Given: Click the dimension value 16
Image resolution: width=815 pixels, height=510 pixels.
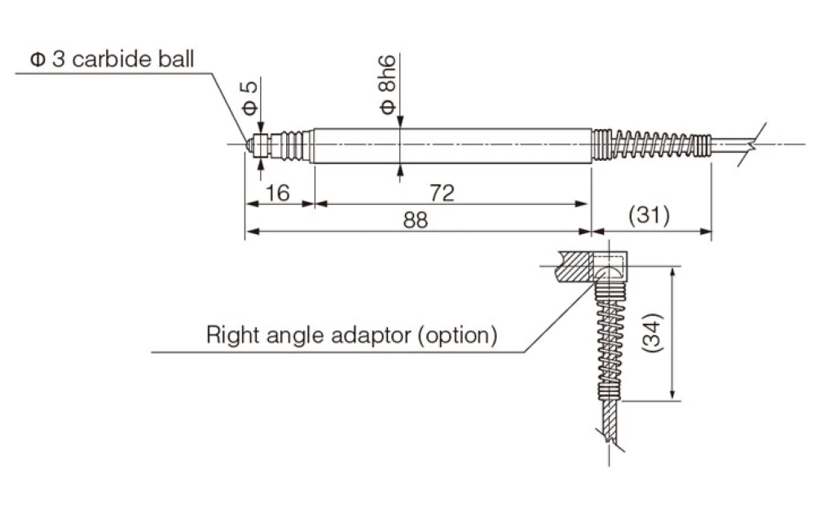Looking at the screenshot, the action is click(277, 193).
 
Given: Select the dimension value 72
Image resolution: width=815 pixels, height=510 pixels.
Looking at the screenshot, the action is click(442, 193).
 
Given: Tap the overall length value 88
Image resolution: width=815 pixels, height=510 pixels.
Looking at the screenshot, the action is click(416, 220).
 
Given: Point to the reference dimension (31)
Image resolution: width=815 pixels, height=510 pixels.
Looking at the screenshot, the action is click(649, 215).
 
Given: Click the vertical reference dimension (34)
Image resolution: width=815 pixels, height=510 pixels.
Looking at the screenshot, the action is click(653, 333).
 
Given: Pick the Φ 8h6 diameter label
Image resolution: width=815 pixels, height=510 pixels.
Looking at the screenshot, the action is click(387, 84).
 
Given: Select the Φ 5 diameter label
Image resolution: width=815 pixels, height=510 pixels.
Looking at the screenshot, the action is click(249, 98).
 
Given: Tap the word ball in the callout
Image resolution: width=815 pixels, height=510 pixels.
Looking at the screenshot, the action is click(176, 59).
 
